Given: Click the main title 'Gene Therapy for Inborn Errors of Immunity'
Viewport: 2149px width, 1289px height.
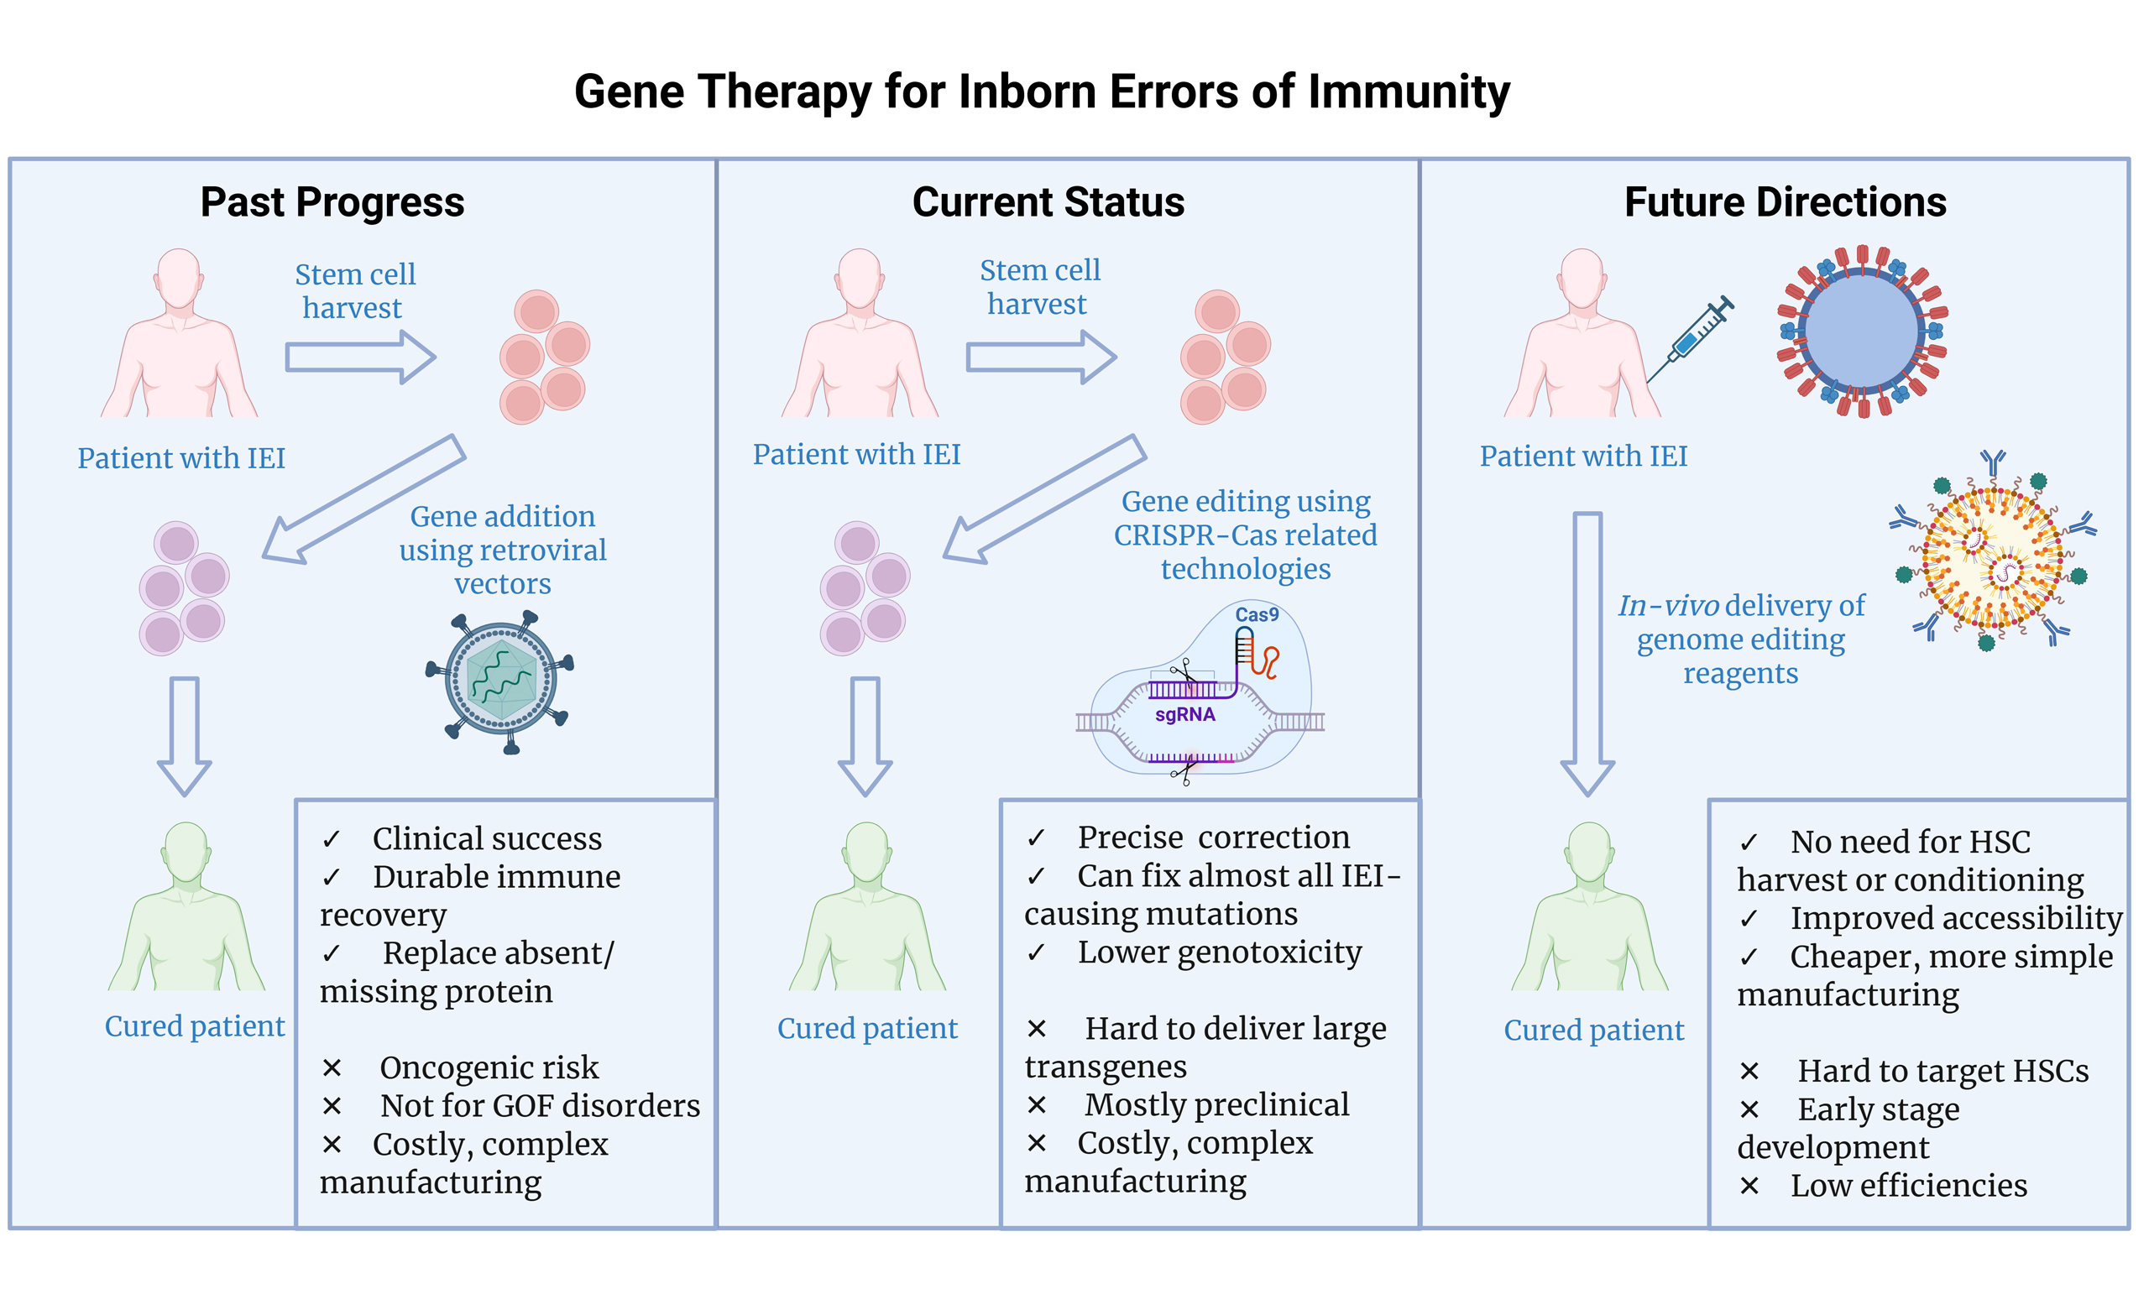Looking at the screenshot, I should [x=1042, y=91].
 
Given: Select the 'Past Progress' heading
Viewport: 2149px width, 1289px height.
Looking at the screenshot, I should [x=332, y=202].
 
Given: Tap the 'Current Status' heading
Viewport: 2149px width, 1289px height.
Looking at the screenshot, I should [x=1048, y=202].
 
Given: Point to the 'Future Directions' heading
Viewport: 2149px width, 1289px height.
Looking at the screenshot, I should [x=1784, y=202].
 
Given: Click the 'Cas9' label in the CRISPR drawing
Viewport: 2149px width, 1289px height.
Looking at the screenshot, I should [x=1256, y=615].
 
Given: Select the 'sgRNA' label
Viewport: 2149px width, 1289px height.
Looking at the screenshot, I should [x=1184, y=715].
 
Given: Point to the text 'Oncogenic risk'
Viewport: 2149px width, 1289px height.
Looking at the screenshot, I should [x=489, y=1067].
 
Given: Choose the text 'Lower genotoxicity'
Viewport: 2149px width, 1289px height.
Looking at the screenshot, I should [x=1219, y=952].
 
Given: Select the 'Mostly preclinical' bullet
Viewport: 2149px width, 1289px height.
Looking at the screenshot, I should [x=1216, y=1105].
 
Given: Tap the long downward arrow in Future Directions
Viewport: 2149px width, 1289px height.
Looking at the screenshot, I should [x=1587, y=651].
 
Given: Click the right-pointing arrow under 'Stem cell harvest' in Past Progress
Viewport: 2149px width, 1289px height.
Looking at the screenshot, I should [x=359, y=357].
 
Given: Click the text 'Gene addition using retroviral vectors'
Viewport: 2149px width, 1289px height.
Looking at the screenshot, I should [x=502, y=550].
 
